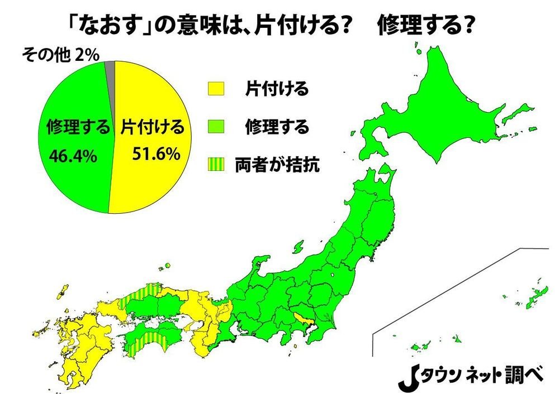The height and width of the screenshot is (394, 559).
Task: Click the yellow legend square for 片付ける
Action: (216, 89)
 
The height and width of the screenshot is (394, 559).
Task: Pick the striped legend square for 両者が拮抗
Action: (216, 166)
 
